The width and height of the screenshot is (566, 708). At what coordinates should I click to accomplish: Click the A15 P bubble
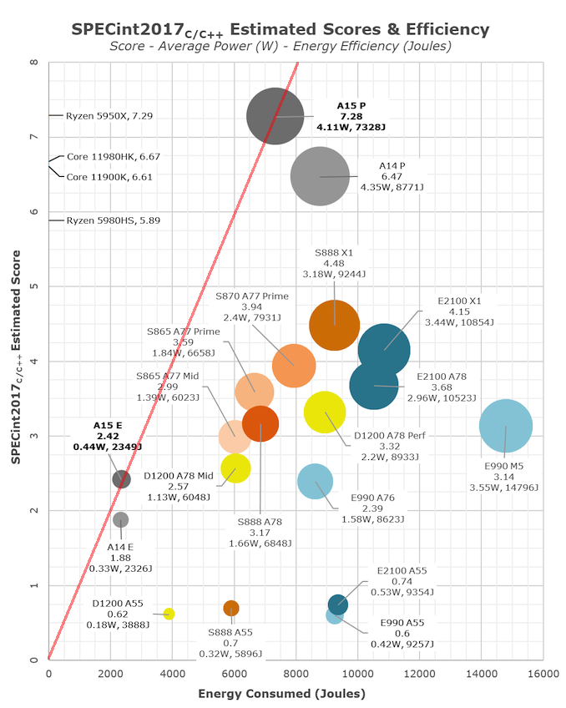coord(275,116)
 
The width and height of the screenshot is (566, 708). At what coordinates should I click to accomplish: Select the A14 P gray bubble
coord(319,176)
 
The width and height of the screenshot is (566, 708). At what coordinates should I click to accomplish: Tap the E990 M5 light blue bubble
coord(505,426)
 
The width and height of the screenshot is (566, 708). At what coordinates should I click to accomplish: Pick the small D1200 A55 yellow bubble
coord(169,614)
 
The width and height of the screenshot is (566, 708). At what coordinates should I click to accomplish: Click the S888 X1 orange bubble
coord(334,325)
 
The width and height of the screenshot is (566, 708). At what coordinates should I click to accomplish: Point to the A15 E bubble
coord(121,479)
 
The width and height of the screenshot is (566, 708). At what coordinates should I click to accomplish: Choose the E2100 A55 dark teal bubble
coord(337,604)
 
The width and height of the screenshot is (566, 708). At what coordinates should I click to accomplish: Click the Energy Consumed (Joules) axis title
coord(281,694)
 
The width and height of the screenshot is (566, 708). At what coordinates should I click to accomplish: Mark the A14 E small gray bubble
coord(120,519)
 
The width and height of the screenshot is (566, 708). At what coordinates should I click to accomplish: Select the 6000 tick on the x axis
coord(234,674)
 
